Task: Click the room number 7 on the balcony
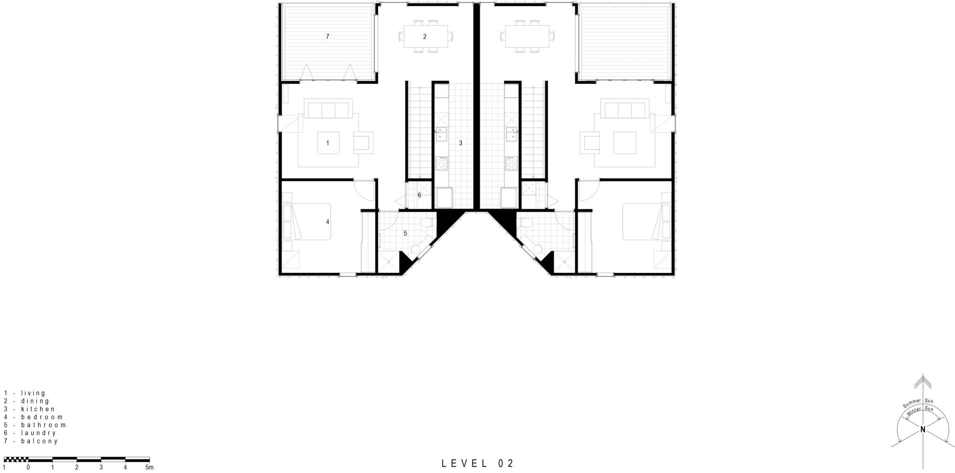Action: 328,36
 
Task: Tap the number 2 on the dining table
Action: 424,36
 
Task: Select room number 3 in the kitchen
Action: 460,143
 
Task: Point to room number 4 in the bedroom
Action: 328,222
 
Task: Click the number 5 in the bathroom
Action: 405,234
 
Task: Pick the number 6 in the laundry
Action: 419,195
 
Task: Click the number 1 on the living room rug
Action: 328,143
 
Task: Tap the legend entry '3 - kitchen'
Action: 30,409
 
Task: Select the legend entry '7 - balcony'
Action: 31,441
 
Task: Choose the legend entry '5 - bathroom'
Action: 35,425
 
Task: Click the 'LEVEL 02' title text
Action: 477,463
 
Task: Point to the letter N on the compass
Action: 923,430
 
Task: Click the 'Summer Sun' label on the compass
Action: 917,403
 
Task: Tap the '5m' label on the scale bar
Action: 149,467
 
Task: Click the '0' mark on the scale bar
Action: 28,467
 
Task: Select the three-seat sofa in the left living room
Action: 328,109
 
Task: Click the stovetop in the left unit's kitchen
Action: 442,163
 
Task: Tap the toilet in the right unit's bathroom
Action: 527,223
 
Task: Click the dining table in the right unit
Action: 527,36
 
